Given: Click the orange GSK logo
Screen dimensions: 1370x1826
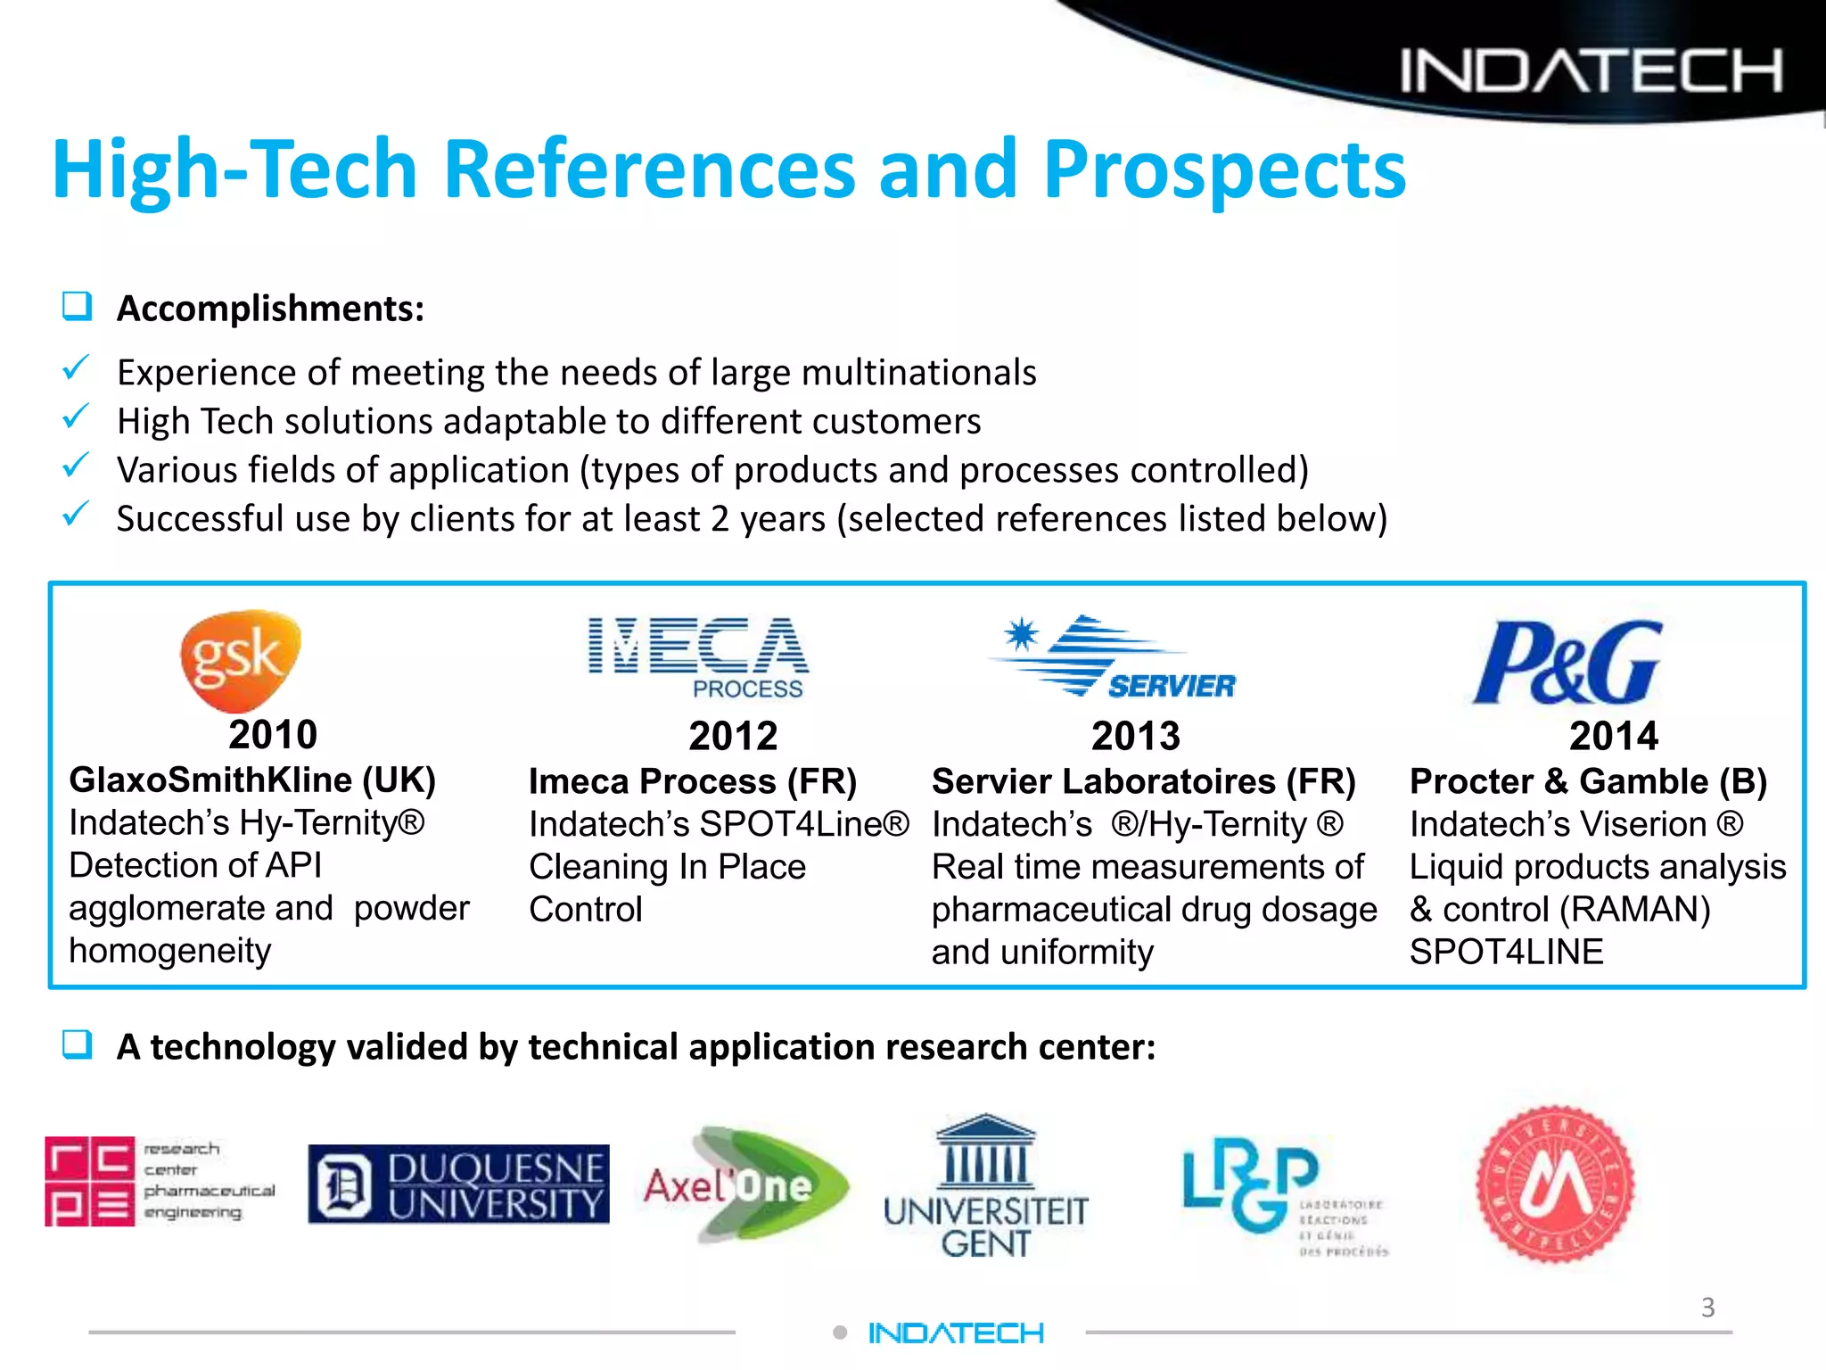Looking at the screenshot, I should (x=240, y=659).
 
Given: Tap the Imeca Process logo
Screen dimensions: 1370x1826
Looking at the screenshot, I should (x=698, y=656).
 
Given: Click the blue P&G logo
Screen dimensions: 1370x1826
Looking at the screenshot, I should (x=1567, y=662).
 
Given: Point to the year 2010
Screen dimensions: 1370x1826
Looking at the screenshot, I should (x=273, y=735).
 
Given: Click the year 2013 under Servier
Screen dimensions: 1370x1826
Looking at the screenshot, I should (x=1135, y=737).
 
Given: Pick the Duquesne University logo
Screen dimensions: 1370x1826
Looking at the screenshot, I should (x=458, y=1184).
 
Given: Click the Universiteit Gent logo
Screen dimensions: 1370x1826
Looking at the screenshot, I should (x=985, y=1186).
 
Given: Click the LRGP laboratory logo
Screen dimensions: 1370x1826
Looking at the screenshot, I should (x=1284, y=1195).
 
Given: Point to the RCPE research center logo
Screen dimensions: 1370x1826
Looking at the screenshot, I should (x=160, y=1182).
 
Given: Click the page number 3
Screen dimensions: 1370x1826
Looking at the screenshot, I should (x=1707, y=1308).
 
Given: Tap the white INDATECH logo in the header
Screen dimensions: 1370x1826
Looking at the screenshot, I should (x=1591, y=70).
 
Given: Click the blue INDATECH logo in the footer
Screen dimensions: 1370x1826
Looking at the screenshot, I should (x=956, y=1333).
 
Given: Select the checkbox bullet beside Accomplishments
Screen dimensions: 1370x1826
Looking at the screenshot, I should (x=78, y=307).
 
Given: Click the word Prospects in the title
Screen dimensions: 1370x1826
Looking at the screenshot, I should (x=1223, y=169).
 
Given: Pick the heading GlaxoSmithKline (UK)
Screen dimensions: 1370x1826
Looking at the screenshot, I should (x=252, y=780).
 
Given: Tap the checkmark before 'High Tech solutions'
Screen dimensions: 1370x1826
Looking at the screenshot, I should (x=77, y=417).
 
